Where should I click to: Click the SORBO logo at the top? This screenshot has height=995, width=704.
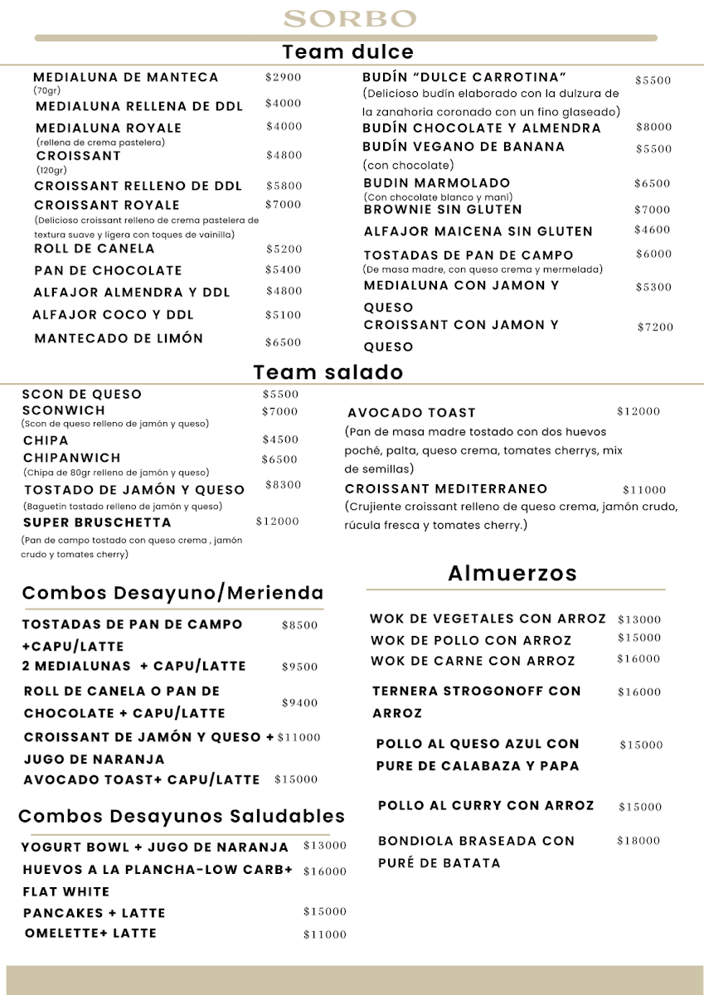(x=350, y=18)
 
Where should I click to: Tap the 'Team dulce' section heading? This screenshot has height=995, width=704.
(x=347, y=52)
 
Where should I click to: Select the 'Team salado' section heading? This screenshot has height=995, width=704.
(x=328, y=372)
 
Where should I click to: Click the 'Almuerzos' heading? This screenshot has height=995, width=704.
(x=512, y=573)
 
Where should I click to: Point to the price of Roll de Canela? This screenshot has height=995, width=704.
(x=284, y=250)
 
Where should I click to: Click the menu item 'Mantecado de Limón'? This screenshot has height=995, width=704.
(x=119, y=338)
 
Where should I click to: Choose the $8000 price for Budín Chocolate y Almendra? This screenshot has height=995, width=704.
(x=653, y=128)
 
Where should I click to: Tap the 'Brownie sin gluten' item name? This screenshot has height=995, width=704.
(x=443, y=210)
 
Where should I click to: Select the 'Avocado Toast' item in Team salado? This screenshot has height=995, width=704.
(x=411, y=413)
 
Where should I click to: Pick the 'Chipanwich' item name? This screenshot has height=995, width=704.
(x=72, y=458)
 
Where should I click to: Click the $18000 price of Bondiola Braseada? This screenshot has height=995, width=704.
(x=638, y=841)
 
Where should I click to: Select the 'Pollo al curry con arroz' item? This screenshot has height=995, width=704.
(x=486, y=806)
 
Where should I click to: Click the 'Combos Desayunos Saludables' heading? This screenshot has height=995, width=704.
(x=182, y=817)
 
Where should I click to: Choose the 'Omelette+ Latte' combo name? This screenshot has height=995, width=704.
(x=90, y=934)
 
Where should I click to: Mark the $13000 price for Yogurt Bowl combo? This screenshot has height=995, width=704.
(x=325, y=847)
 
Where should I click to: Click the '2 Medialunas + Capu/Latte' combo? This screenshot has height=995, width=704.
(x=134, y=666)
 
